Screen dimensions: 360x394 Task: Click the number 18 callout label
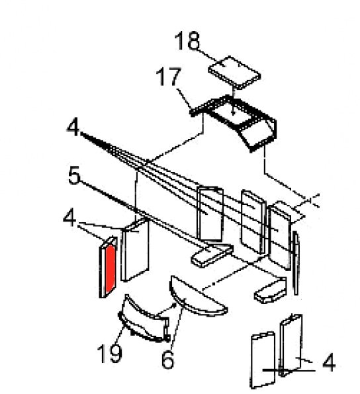187,40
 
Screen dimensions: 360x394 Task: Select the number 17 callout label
169,77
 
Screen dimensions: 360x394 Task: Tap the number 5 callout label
75,175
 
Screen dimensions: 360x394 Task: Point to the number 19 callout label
110,353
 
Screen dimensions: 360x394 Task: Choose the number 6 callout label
167,360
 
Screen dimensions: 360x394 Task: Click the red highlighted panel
111,268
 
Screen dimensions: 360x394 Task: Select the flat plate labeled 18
234,72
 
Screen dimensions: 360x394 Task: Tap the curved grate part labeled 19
144,319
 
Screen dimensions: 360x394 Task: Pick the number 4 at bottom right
329,362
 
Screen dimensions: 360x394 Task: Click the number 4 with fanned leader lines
73,128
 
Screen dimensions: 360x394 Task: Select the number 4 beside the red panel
69,218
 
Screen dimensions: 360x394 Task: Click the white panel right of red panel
136,249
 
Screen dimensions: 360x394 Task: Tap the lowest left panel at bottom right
263,360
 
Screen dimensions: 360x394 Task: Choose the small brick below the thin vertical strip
271,290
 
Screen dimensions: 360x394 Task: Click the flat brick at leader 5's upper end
212,255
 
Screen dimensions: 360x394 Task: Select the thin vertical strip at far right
296,263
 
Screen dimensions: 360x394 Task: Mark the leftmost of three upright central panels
210,214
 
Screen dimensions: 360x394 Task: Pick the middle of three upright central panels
253,221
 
